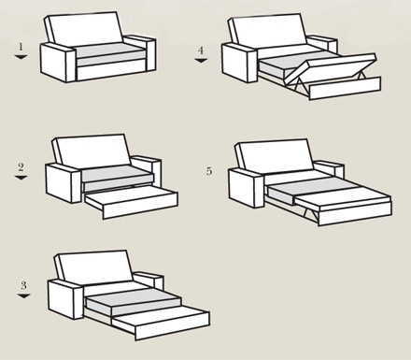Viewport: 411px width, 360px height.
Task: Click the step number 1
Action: click(x=21, y=47)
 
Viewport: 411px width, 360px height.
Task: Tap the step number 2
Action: click(x=21, y=167)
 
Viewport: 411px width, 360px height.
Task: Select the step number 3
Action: click(x=23, y=285)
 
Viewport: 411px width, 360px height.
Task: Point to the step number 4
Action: click(x=201, y=50)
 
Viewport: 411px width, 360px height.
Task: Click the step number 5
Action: click(x=209, y=171)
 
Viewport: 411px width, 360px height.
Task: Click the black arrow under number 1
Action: click(x=21, y=57)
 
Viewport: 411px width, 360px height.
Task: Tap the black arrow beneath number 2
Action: click(x=21, y=178)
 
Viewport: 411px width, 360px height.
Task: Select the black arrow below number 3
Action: click(x=23, y=295)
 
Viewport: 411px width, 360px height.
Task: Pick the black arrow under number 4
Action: click(x=201, y=61)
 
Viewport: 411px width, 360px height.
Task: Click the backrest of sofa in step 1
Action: click(x=84, y=29)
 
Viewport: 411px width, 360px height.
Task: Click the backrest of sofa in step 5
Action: click(x=275, y=156)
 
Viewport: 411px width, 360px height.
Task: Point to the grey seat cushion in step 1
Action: click(x=109, y=50)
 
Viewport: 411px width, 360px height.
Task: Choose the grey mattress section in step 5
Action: click(x=310, y=190)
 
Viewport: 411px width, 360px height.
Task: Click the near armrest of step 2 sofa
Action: click(x=64, y=183)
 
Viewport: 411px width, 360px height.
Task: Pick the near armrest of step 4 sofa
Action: click(x=239, y=63)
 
